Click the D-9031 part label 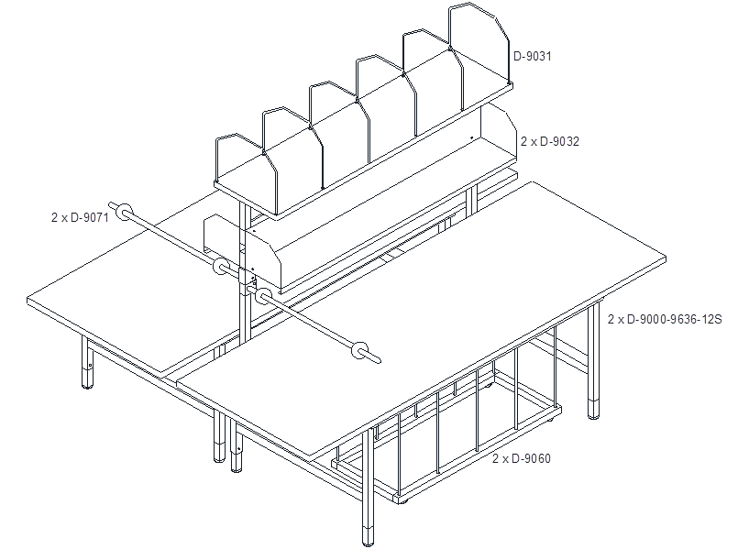[532, 56]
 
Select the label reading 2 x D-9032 [550, 141]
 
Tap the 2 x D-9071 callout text [81, 217]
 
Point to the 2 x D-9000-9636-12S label [665, 319]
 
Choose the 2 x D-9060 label [522, 458]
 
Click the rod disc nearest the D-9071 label [124, 212]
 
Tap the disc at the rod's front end [359, 350]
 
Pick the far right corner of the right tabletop [666, 258]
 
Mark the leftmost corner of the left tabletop [28, 300]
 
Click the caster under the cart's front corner [404, 502]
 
